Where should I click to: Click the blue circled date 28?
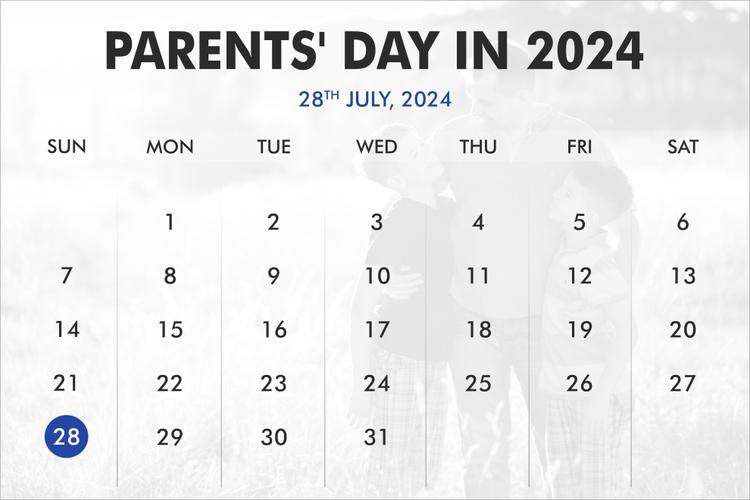coord(67,437)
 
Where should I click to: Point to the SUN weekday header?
coord(67,147)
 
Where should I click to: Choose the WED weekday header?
coord(376,147)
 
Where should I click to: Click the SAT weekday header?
coord(683,147)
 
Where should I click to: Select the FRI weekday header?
coord(579,147)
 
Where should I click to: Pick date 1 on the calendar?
coord(170,222)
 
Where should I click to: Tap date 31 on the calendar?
coord(376,437)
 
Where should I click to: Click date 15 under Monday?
coord(170,329)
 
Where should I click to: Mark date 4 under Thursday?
coord(478,222)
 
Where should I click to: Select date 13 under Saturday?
coord(683,276)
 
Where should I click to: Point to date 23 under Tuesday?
coord(273,383)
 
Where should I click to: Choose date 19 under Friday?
coord(579,329)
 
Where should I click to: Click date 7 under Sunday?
coord(67,276)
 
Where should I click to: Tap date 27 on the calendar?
coord(683,383)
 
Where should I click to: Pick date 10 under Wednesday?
coord(376,276)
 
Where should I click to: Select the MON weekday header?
coord(170,147)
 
